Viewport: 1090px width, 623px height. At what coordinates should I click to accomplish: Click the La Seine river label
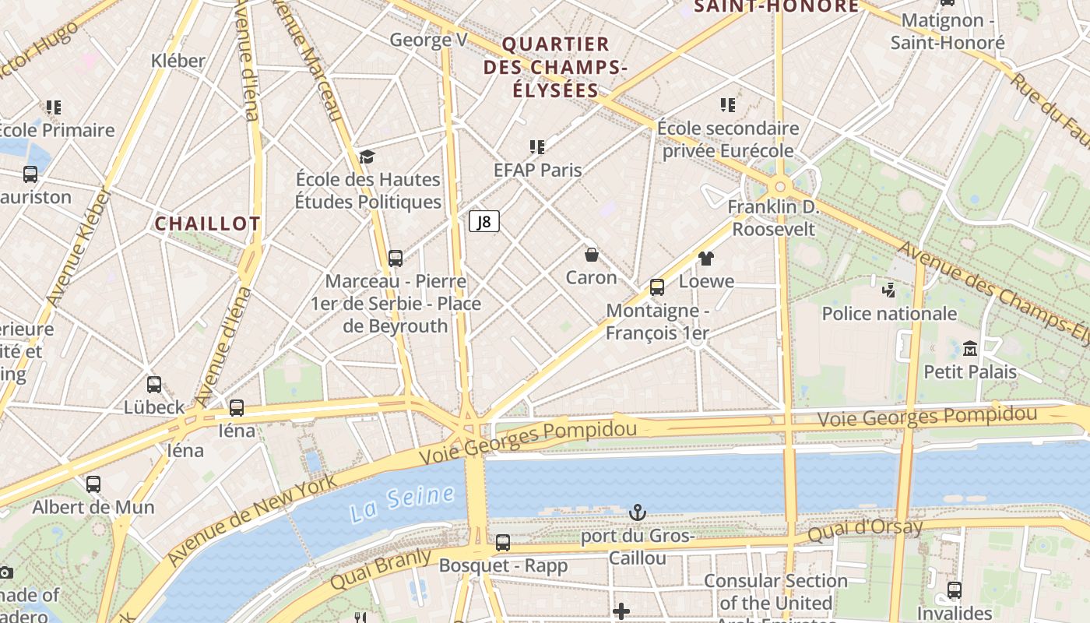pos(402,503)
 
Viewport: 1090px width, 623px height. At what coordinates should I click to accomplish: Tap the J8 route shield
pos(484,221)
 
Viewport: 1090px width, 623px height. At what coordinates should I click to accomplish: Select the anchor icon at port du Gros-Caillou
pos(638,512)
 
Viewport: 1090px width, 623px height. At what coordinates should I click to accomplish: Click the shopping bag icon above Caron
pos(592,255)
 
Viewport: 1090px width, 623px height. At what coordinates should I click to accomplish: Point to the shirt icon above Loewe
pos(706,259)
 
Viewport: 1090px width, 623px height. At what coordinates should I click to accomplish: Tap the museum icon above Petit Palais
pos(970,348)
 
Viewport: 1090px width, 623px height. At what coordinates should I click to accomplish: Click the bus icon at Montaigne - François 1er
pos(657,287)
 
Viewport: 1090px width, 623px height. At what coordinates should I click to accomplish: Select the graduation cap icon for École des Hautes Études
pos(367,157)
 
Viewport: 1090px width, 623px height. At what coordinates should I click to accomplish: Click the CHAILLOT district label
pos(207,224)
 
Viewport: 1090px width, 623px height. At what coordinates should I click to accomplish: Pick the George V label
pos(428,40)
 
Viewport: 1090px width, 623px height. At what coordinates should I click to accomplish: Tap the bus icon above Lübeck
pos(154,384)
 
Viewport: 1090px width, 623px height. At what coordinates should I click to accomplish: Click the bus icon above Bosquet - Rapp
pos(503,543)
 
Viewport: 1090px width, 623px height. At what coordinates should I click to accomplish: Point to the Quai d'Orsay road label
pos(864,531)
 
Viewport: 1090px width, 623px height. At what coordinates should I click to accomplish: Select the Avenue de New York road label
pos(252,519)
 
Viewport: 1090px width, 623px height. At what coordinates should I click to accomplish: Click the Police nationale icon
pos(888,290)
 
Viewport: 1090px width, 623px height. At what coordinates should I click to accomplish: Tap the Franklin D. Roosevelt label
pos(774,218)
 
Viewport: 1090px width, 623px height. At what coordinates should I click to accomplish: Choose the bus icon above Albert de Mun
pos(93,484)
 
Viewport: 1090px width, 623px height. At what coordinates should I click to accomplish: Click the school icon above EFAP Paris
pos(537,146)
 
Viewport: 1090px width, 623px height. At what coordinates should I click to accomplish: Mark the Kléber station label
pos(178,61)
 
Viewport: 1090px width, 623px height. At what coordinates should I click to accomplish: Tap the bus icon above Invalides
pos(955,590)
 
